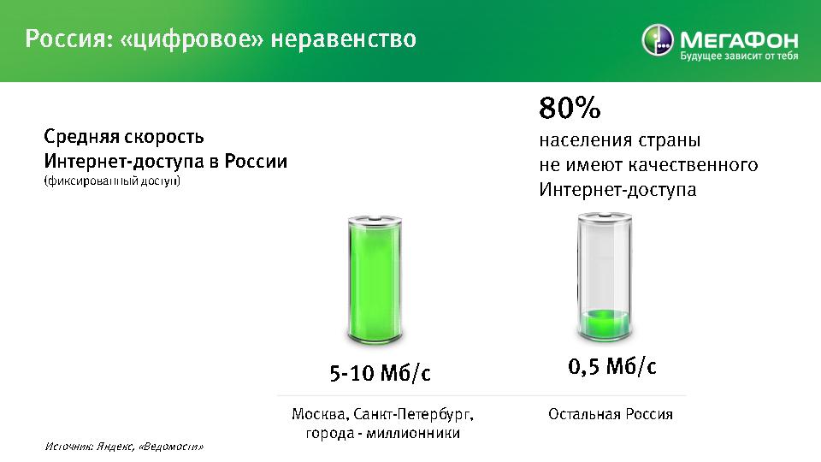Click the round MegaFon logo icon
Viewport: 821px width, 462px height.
[657, 40]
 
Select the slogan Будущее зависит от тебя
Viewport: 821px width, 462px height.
[739, 56]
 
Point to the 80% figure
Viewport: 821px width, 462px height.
[570, 108]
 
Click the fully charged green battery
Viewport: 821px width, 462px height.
[375, 280]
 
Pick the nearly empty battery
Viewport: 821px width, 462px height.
[605, 276]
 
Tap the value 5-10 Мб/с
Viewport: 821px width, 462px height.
[380, 373]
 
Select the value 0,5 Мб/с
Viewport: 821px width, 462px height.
[611, 366]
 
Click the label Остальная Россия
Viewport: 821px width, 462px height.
[611, 414]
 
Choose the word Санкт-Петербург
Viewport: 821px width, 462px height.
[413, 415]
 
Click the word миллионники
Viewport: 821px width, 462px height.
[413, 433]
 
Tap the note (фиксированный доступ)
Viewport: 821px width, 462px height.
[112, 181]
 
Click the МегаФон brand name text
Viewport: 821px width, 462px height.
[739, 39]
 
